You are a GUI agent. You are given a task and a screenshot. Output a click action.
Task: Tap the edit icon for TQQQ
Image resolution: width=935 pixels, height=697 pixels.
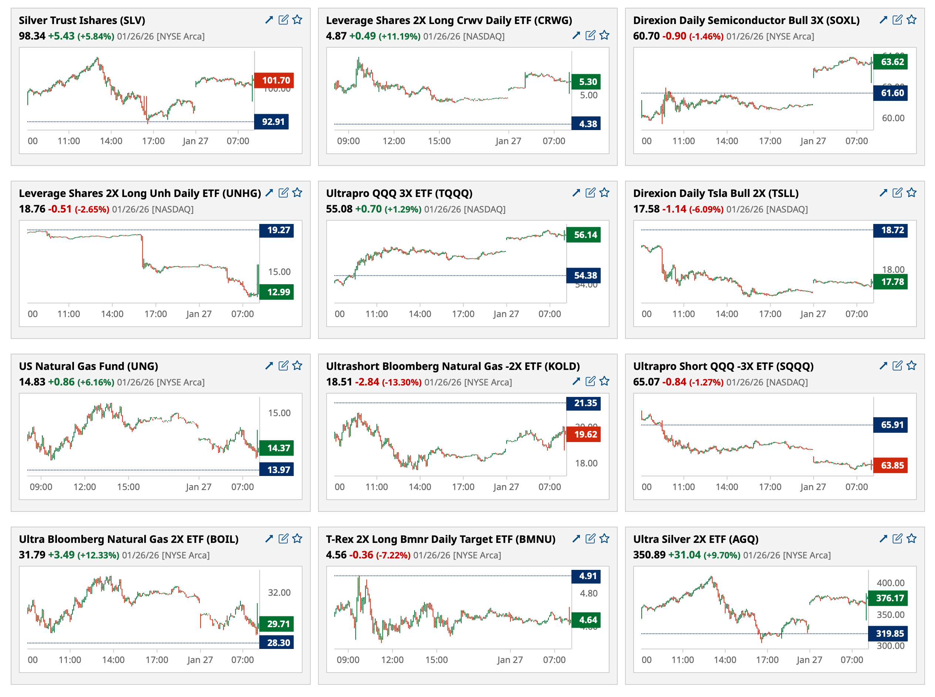pos(590,193)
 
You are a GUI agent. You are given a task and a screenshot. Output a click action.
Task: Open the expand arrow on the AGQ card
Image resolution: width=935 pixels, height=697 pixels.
pos(883,539)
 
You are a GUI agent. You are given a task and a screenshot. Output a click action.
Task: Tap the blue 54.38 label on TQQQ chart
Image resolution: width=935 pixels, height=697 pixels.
pos(585,275)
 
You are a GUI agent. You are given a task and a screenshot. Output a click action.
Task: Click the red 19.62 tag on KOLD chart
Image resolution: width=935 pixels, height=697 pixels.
pos(585,435)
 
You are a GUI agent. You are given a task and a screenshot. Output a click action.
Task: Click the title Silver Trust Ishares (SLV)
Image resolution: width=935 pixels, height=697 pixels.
pos(82,20)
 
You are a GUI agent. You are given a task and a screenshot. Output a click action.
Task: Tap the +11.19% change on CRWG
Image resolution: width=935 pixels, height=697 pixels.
pos(399,36)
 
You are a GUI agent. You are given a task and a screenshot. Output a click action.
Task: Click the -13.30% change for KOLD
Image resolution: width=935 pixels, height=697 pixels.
pos(401,382)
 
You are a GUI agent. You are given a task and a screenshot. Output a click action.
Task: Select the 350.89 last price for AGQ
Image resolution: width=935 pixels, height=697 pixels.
pos(649,555)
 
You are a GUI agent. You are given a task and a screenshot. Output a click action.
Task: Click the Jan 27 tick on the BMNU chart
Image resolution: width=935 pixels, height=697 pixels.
pos(510,660)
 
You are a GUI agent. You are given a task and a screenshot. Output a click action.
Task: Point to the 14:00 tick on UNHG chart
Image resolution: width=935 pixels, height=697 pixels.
pos(112,314)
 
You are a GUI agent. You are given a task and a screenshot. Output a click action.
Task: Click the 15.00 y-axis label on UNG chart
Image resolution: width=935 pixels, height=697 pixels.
pos(279,413)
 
